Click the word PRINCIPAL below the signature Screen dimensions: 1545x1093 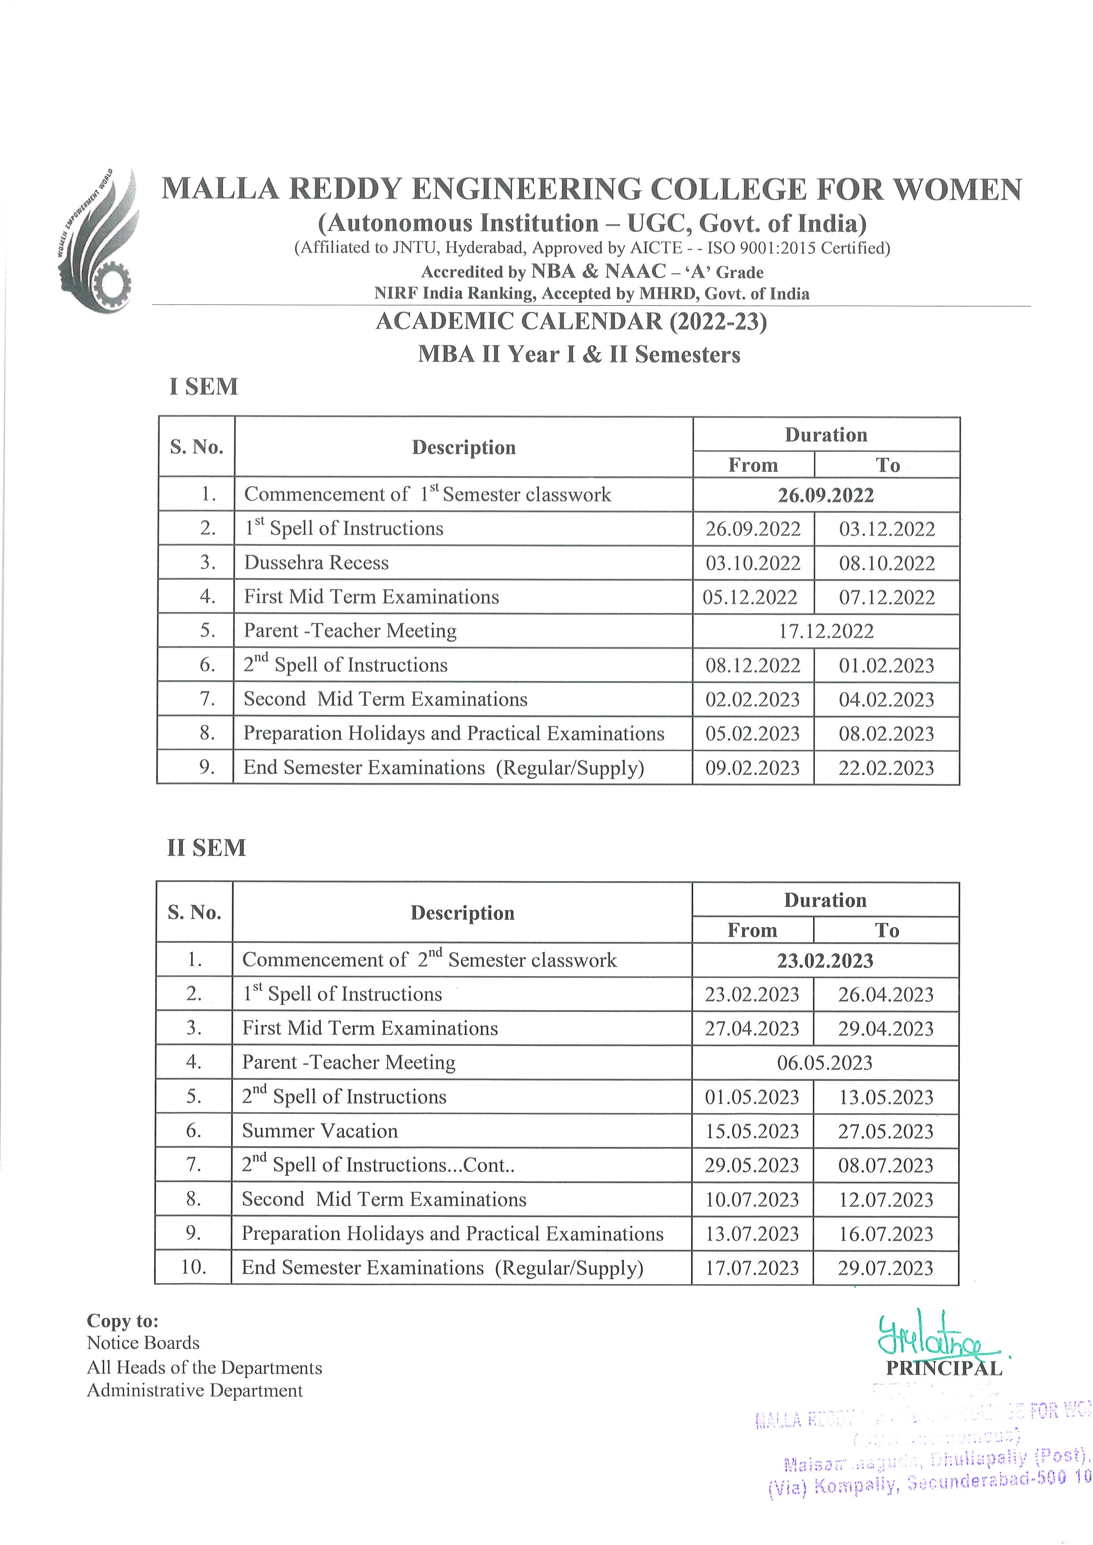click(x=944, y=1368)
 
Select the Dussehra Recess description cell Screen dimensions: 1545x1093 click(x=316, y=563)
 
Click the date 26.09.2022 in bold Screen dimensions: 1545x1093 click(x=826, y=495)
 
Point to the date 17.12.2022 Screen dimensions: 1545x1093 click(x=826, y=631)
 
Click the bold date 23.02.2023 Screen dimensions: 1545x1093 click(x=825, y=960)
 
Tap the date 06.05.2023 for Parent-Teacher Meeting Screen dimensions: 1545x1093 click(x=825, y=1063)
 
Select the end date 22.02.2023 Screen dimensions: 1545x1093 click(x=886, y=768)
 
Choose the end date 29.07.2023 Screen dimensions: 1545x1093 click(x=886, y=1268)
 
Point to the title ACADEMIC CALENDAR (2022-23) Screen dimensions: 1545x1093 click(x=572, y=322)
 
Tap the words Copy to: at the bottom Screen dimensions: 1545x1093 click(x=123, y=1321)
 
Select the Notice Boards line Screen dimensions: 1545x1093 click(x=143, y=1343)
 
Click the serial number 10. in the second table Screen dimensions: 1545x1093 click(x=194, y=1267)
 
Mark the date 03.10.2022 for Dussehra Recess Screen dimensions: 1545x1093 click(x=753, y=563)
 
